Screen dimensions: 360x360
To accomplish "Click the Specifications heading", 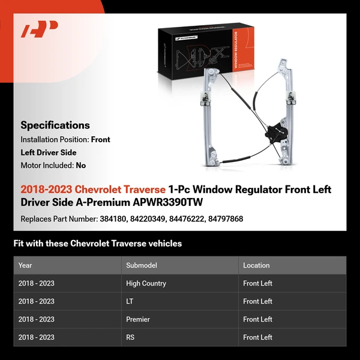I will click(x=55, y=125).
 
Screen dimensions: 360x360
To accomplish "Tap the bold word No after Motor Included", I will click(x=81, y=166).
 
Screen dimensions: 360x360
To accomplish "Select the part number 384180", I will click(x=113, y=219).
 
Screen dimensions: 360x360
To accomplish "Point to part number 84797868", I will click(x=226, y=219).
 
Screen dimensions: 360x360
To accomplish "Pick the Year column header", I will click(x=25, y=265).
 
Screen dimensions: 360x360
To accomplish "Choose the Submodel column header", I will click(x=142, y=265).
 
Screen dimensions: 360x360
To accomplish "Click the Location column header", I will click(x=256, y=265).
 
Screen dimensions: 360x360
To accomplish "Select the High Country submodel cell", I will click(x=146, y=283).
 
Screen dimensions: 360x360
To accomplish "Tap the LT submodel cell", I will click(x=130, y=301).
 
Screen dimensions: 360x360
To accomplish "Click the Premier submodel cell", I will click(x=138, y=319).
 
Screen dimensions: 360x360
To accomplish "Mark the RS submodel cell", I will click(x=130, y=337).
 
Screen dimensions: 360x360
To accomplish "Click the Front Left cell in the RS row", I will click(x=257, y=337).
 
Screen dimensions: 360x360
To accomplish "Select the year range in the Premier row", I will click(x=36, y=319).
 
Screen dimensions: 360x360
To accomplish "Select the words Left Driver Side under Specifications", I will click(x=49, y=152).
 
